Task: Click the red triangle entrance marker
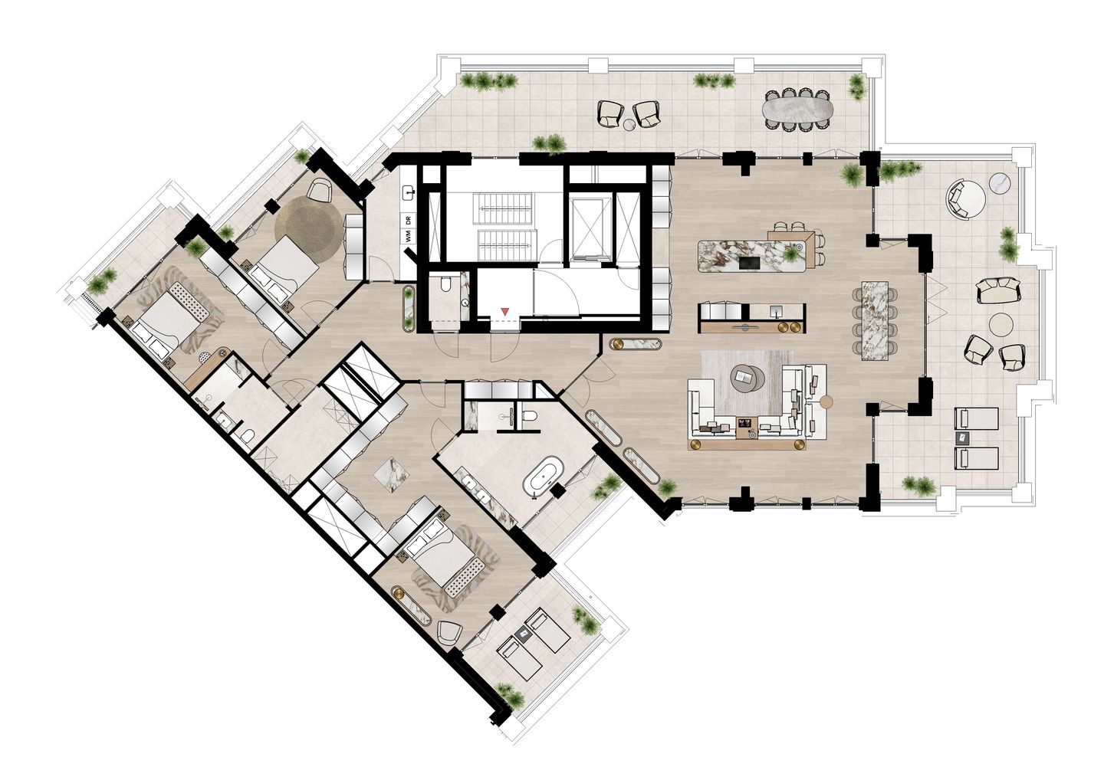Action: coord(504,311)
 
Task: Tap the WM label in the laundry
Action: coord(409,236)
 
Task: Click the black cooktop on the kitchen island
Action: coord(748,263)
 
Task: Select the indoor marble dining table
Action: coord(876,320)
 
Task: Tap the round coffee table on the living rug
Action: coord(743,375)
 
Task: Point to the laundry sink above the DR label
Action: coord(409,192)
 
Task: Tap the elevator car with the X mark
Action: coord(590,227)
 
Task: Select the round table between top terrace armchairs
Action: coord(629,124)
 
